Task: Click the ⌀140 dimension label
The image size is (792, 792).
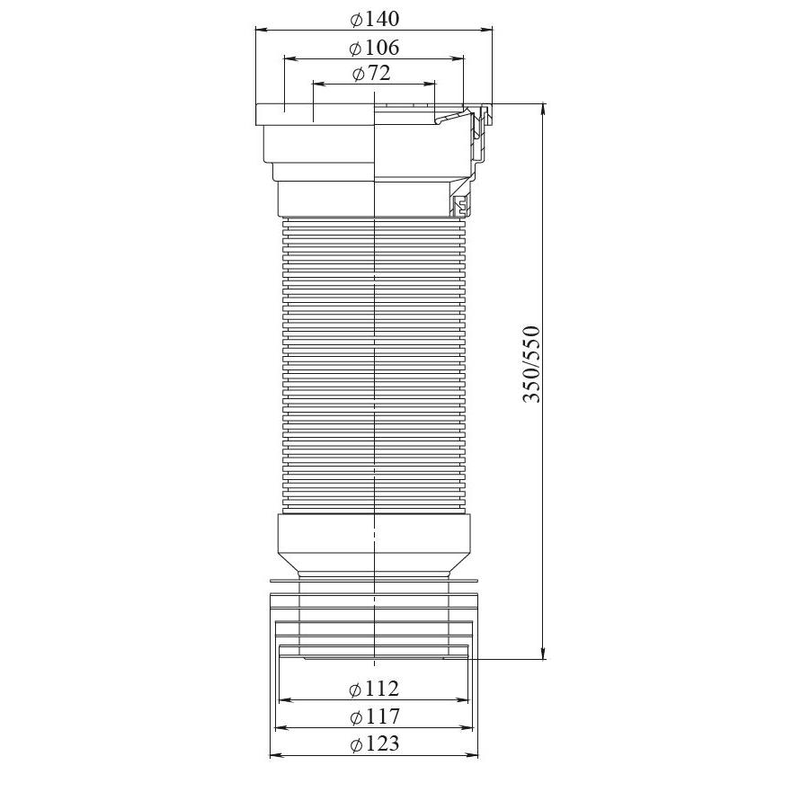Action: coord(374,19)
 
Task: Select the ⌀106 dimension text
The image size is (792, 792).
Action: coord(374,48)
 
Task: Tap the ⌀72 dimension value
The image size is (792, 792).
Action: coord(372,73)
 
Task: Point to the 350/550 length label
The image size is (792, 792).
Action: coord(531,364)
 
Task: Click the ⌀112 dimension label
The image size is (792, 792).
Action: coord(374,689)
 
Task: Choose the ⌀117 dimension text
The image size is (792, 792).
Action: coord(375,716)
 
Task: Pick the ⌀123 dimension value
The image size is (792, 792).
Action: coord(375,743)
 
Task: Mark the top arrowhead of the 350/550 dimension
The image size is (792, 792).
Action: coord(543,110)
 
